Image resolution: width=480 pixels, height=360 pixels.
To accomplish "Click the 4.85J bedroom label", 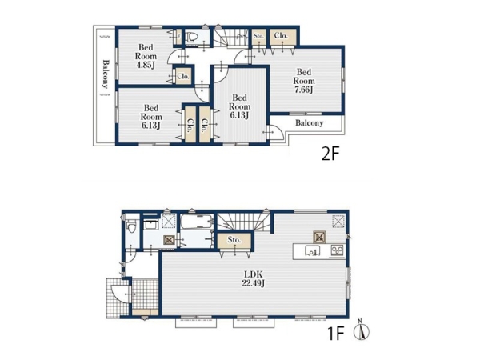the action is point(146,56).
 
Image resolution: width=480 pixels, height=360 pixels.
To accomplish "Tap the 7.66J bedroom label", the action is point(304,81).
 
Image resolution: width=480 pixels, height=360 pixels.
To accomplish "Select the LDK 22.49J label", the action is point(253,279).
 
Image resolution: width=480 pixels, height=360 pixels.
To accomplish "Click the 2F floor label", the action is point(330,154).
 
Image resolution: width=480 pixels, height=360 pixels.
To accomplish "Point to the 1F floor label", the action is point(336,334).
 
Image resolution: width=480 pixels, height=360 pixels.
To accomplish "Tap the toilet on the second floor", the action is point(193,37).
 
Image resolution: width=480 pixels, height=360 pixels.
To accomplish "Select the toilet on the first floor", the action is point(132,226).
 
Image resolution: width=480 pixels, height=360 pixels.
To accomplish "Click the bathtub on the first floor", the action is point(197,222).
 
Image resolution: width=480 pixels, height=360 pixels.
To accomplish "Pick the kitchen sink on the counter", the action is point(312,251).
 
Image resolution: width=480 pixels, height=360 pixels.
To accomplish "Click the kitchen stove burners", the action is point(337,250).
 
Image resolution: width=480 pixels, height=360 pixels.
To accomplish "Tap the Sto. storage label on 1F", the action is point(234,240).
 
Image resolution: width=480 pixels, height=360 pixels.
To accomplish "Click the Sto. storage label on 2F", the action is point(259,36).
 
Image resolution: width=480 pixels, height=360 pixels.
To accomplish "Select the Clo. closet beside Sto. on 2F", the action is point(281,35).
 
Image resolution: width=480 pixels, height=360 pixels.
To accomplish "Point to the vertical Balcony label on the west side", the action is point(106,74).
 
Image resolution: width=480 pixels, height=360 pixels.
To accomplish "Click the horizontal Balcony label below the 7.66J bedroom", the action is point(309,123).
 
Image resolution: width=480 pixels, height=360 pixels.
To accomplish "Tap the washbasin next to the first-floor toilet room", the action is point(151,225).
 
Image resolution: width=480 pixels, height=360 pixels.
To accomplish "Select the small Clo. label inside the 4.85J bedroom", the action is point(183,76).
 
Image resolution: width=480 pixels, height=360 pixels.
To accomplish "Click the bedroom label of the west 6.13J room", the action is point(151,117).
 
